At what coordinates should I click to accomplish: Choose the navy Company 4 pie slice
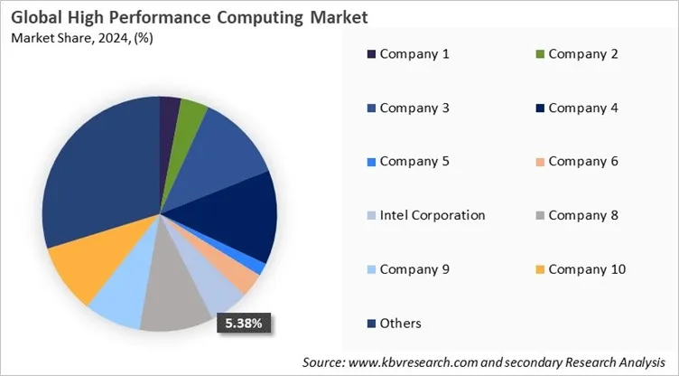coord(244,217)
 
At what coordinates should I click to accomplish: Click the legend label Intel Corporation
coord(433,215)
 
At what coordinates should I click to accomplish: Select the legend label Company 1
coord(414,53)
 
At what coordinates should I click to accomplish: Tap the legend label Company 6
coord(582,162)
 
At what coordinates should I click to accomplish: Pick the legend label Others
coord(400,323)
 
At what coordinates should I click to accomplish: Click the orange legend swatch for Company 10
coord(538,269)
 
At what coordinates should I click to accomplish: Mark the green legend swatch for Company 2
coord(538,54)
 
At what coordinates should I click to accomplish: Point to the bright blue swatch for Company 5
coord(369,162)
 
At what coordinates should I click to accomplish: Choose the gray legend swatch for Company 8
coord(538,216)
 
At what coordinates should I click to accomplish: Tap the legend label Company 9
coord(414,269)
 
